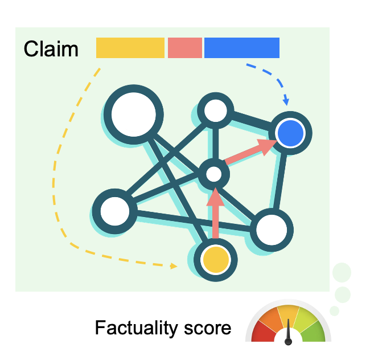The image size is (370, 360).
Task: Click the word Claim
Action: click(51, 49)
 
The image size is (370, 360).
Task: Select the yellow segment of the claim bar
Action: click(130, 48)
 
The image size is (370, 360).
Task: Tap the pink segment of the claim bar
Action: click(185, 48)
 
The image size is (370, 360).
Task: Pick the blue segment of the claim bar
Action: click(242, 48)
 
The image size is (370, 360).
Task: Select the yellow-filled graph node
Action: click(216, 260)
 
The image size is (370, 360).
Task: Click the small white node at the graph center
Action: click(213, 174)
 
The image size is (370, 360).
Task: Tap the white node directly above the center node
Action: click(216, 111)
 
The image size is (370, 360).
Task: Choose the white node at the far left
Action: click(115, 211)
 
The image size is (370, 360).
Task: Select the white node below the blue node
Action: click(272, 230)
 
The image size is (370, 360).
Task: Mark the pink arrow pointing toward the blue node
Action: click(250, 151)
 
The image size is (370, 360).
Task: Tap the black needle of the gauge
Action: click(288, 332)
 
